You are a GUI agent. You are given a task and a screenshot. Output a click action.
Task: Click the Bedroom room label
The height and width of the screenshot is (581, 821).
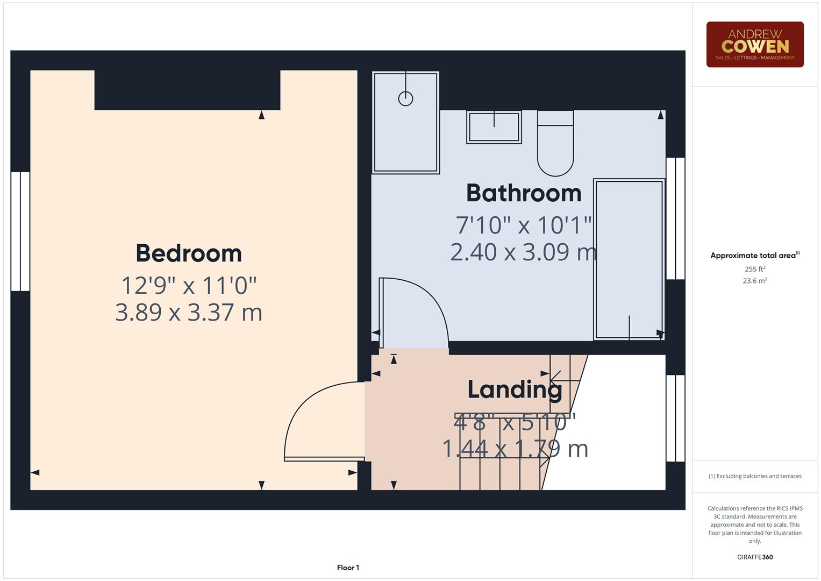pos(189,253)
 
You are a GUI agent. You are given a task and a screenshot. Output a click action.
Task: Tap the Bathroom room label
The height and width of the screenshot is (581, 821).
pos(524,193)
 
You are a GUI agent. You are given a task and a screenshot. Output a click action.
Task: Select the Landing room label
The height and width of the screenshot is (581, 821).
pos(515,389)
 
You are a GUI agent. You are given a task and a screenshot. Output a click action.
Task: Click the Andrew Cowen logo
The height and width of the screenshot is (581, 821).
pos(754,45)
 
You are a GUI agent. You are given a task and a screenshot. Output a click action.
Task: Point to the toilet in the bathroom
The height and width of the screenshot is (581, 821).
pos(555,144)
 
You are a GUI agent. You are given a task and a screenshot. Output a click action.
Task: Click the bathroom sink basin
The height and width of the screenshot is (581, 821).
pos(494,127)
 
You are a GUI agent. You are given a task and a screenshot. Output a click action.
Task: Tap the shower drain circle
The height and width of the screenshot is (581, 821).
pos(405,99)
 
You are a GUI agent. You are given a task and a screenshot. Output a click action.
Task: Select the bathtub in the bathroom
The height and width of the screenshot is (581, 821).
pos(629,259)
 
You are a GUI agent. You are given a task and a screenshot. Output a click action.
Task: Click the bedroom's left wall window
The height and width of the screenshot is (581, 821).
pos(20,231)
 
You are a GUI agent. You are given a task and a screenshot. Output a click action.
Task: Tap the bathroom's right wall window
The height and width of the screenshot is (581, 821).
pos(675,218)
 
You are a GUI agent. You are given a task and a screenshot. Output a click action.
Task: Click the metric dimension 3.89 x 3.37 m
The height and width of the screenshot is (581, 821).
pos(189,313)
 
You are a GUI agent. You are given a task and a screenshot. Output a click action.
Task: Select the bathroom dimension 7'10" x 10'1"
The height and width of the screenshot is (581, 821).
pos(524,225)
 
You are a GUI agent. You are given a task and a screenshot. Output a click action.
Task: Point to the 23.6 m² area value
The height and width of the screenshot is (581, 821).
pos(754,281)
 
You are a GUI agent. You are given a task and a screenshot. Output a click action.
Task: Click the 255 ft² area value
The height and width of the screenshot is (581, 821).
pos(754,269)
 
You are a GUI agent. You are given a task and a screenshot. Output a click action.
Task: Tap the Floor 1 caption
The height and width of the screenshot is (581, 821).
pos(348,568)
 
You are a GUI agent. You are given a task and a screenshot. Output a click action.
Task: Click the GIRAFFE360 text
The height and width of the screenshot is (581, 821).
pos(754,557)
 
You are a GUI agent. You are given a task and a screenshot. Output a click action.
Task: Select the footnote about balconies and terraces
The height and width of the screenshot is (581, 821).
pos(754,476)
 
